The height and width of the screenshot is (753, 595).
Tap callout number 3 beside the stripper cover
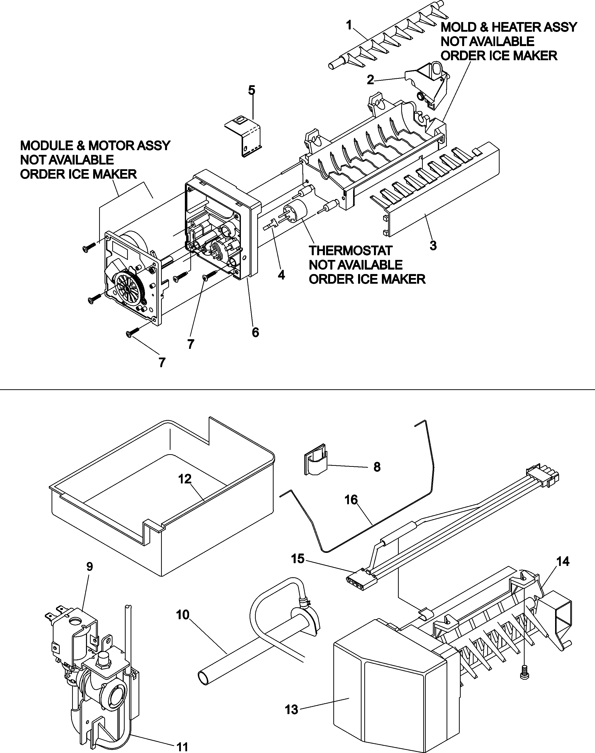pos(433,246)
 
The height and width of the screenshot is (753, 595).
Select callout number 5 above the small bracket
pos(252,90)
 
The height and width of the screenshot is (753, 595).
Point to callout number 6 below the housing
pos(255,333)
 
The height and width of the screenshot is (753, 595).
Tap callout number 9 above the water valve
pos(89,567)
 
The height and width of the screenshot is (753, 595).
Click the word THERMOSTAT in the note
pos(350,251)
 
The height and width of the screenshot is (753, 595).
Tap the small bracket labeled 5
pos(244,136)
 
